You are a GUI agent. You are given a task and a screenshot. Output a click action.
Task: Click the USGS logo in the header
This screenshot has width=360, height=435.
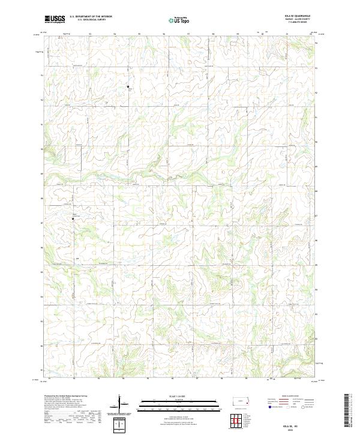(55, 19)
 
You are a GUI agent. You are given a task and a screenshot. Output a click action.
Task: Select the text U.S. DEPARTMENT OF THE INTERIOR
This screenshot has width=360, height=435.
(91, 17)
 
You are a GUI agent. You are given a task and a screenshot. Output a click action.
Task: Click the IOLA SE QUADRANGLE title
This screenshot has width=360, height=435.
(298, 17)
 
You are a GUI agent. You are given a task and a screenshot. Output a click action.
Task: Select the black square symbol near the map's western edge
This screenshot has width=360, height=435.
(73, 219)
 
